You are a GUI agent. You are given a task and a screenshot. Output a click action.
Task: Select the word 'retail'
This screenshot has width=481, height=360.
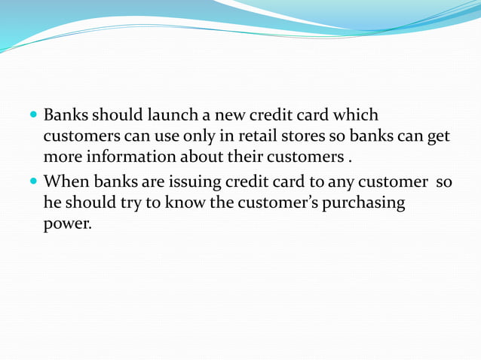[268, 137]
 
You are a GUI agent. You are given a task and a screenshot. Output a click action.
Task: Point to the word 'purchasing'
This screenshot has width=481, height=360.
[363, 204]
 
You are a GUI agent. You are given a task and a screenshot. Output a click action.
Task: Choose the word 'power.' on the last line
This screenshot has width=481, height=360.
[67, 225]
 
